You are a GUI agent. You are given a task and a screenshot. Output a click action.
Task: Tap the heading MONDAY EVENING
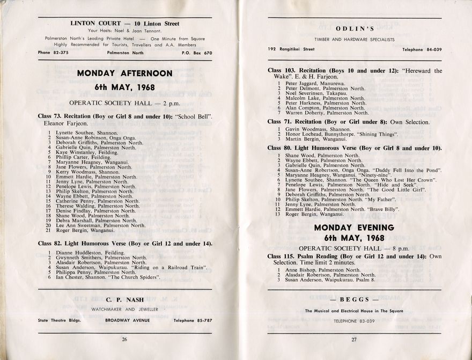point(355,227)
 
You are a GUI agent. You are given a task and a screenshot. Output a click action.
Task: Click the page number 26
point(124,339)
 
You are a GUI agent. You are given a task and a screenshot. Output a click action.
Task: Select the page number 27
point(354,339)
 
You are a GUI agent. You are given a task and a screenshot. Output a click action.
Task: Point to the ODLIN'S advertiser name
point(355,28)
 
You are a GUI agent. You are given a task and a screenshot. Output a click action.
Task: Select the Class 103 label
point(283,71)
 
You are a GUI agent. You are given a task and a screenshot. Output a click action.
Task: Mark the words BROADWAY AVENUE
point(127,320)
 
